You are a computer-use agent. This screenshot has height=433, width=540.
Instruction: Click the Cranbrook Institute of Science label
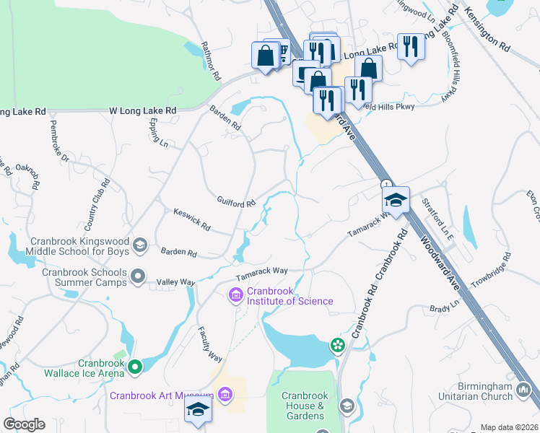tap(290, 296)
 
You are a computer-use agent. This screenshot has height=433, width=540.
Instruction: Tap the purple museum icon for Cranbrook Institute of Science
tap(235, 294)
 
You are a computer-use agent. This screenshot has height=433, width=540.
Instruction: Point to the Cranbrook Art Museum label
tap(162, 395)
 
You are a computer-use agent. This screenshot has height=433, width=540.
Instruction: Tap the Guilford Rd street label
tap(237, 202)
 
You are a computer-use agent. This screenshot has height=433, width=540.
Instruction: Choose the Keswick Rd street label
tap(191, 220)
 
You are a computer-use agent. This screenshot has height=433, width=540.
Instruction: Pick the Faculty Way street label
tap(211, 344)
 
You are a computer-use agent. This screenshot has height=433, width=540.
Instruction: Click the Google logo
tap(24, 424)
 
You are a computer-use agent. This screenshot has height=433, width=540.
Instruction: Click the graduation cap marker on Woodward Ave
tap(396, 200)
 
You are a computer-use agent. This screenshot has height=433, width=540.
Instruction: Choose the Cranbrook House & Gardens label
tap(305, 406)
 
